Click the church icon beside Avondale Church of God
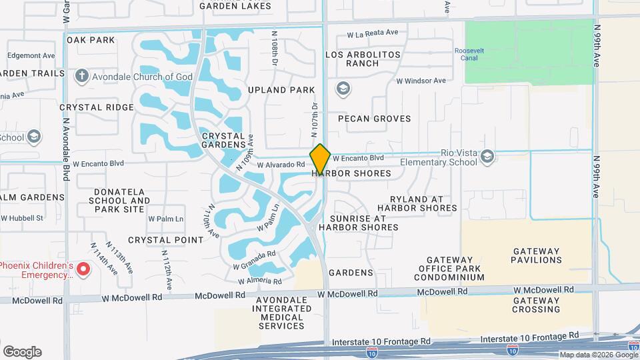pos(82,76)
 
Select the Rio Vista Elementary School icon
pos(487,156)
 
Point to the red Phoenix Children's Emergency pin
pos(83,269)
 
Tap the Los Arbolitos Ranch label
pos(363,59)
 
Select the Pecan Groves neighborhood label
pos(374,119)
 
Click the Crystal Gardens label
pos(223,140)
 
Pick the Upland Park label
pos(281,89)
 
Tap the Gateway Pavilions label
pos(536,255)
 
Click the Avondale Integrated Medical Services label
pos(281,313)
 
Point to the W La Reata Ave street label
pos(372,33)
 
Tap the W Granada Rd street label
pos(254,260)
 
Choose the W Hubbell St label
pos(21,218)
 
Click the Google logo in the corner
pos(22,351)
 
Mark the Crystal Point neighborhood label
pos(165,240)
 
